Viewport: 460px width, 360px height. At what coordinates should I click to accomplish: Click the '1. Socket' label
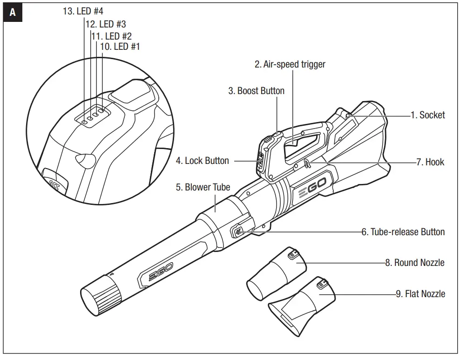tap(427, 115)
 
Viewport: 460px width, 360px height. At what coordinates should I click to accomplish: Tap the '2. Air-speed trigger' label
tap(290, 64)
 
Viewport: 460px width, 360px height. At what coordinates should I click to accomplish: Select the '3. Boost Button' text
tap(256, 91)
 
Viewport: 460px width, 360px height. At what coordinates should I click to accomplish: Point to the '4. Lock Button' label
tap(203, 161)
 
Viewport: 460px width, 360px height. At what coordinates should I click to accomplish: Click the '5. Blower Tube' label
tap(203, 187)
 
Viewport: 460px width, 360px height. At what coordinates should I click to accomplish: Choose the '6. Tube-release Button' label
tap(403, 231)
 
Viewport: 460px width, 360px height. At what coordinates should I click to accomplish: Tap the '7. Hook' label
tap(430, 162)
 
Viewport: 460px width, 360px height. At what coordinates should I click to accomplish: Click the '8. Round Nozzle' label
tap(414, 263)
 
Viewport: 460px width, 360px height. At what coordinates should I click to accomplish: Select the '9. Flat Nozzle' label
tap(420, 293)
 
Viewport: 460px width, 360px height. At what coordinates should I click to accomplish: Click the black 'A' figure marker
tap(13, 13)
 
